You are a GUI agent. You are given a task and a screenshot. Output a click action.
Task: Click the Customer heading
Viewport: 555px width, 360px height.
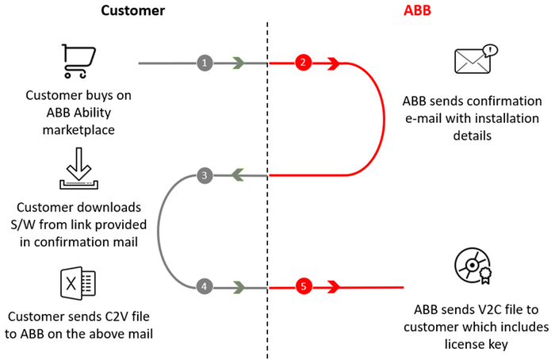(132, 13)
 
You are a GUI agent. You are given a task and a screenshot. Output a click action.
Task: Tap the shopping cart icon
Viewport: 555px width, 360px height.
(77, 61)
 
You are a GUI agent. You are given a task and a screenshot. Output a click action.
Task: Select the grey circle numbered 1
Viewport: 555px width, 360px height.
(205, 62)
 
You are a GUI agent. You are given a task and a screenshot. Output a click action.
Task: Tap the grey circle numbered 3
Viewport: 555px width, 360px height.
(205, 175)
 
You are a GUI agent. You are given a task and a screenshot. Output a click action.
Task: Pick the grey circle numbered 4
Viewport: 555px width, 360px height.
(205, 286)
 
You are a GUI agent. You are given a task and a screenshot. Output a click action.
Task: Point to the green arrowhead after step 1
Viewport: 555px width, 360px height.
(238, 62)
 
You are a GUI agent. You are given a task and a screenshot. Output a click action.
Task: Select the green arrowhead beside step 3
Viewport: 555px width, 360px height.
(238, 175)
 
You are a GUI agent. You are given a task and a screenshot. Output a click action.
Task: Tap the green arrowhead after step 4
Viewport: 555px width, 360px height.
(238, 286)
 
